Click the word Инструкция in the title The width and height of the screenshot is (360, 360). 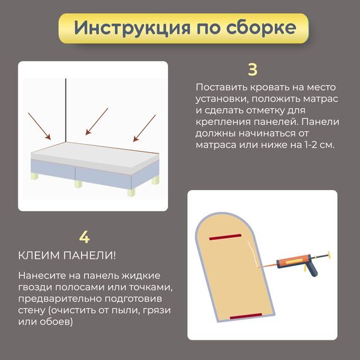(132, 28)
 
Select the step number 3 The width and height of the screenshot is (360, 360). (253, 69)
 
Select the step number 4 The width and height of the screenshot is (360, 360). (84, 237)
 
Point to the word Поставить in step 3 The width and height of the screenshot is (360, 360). (221, 87)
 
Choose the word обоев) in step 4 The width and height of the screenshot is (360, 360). (56, 321)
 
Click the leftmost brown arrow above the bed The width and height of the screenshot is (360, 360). (39, 126)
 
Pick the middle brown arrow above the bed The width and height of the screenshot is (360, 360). (97, 121)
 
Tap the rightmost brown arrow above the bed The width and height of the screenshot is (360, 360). (145, 128)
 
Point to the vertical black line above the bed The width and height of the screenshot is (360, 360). (66, 111)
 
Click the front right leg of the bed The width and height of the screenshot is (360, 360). (131, 192)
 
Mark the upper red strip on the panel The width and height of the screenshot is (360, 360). (225, 237)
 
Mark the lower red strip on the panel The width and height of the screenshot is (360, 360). (246, 316)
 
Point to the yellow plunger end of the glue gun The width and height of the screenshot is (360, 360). (329, 255)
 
